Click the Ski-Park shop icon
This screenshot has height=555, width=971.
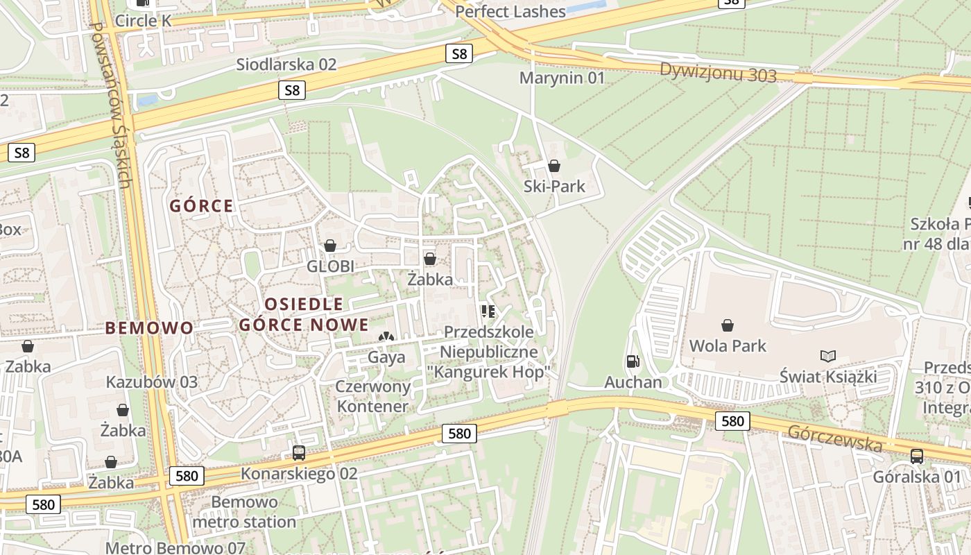pyautogui.click(x=553, y=166)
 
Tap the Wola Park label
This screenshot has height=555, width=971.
pyautogui.click(x=728, y=345)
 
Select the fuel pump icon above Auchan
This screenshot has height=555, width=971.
pyautogui.click(x=632, y=361)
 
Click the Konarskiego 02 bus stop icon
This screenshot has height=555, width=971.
pyautogui.click(x=299, y=453)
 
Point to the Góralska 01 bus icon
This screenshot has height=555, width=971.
pyautogui.click(x=916, y=456)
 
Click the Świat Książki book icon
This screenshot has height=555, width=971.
pyautogui.click(x=827, y=357)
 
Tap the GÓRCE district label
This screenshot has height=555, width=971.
pyautogui.click(x=202, y=206)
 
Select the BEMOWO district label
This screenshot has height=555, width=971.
pyautogui.click(x=149, y=328)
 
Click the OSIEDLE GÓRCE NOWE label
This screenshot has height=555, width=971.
pyautogui.click(x=304, y=314)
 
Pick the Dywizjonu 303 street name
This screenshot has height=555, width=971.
pyautogui.click(x=718, y=71)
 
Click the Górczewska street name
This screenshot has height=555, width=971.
pyautogui.click(x=834, y=437)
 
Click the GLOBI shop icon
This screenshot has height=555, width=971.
pyautogui.click(x=330, y=246)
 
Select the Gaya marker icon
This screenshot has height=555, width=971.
pyautogui.click(x=386, y=338)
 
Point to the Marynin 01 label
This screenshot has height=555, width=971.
pyautogui.click(x=562, y=78)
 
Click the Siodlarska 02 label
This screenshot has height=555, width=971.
pyautogui.click(x=286, y=65)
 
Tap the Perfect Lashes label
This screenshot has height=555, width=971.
pyautogui.click(x=510, y=12)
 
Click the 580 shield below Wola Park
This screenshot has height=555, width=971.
pyautogui.click(x=732, y=420)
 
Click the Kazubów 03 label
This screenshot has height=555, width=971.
pyautogui.click(x=151, y=382)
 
